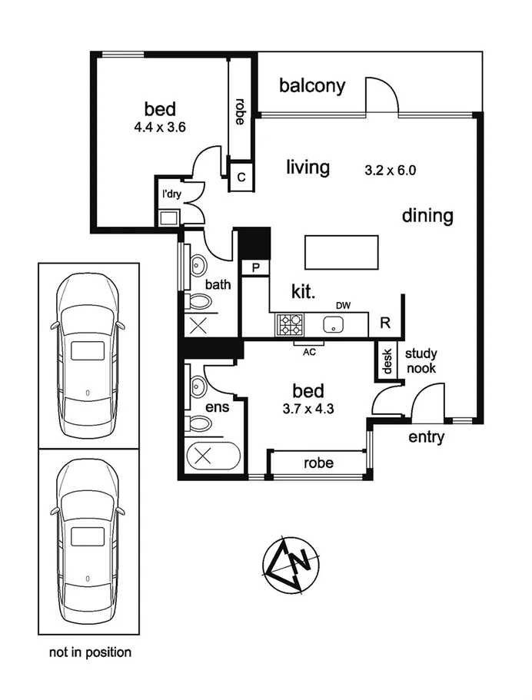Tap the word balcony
pos(311,85)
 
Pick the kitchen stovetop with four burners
pos(290,325)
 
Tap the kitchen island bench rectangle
pos(342,253)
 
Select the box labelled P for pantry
pos(254,267)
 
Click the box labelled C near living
pos(241,177)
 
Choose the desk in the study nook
pos(386,361)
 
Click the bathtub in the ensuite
pos(212,455)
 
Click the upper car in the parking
pos(88,355)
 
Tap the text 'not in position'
pos(90,652)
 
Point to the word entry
pos(427,438)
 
